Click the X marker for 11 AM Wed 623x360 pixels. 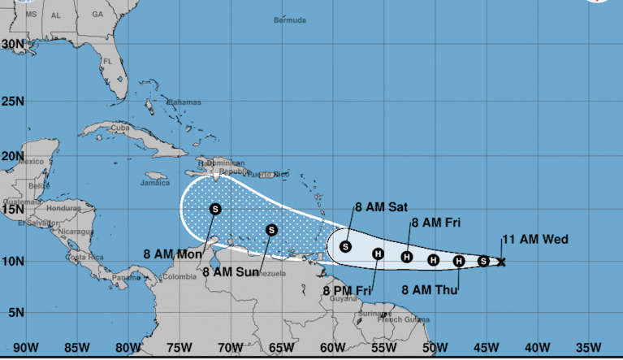click(501, 262)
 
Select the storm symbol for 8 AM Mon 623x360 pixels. click(215, 209)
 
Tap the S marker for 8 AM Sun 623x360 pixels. click(272, 230)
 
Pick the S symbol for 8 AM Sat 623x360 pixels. click(345, 246)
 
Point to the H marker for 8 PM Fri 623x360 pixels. click(378, 254)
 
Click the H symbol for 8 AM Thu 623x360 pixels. click(459, 261)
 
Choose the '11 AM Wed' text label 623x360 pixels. click(534, 239)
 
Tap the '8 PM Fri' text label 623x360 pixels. click(347, 291)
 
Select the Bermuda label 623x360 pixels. click(290, 20)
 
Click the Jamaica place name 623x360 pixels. click(154, 183)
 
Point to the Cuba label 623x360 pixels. click(120, 128)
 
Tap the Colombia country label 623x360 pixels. click(180, 276)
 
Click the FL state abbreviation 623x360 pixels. click(106, 62)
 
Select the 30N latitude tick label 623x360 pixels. click(12, 44)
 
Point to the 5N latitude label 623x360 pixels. click(15, 313)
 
